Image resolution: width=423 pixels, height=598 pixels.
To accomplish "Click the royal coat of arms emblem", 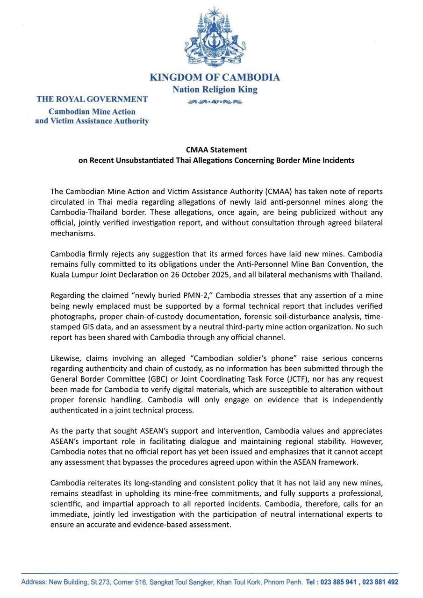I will pyautogui.click(x=215, y=37).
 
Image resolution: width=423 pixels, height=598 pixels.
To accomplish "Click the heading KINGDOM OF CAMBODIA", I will pyautogui.click(x=215, y=78).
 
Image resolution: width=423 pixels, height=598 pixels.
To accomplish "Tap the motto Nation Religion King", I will pyautogui.click(x=215, y=89).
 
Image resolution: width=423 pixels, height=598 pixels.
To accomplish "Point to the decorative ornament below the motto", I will pyautogui.click(x=215, y=102).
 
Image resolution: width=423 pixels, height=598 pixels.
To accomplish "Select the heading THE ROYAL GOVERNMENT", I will pyautogui.click(x=92, y=99).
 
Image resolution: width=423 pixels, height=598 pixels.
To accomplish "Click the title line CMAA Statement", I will pyautogui.click(x=216, y=150).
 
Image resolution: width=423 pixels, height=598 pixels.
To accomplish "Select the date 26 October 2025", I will pyautogui.click(x=194, y=275).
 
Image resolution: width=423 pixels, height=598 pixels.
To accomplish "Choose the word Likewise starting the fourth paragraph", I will pyautogui.click(x=66, y=358).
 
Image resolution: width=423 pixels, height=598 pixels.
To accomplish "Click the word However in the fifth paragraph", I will pyautogui.click(x=367, y=441).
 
